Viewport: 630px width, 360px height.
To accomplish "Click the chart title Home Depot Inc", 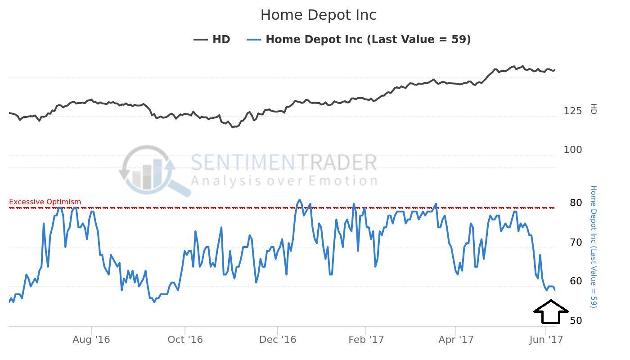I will tap(318, 15).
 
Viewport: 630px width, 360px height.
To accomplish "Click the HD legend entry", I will tap(212, 40).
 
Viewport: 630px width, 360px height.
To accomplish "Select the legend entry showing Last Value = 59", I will tap(359, 40).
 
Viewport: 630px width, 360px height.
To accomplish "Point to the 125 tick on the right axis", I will tap(572, 111).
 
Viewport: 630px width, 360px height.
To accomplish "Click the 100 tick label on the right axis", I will tap(572, 150).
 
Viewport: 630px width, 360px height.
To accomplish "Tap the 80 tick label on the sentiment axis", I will tap(576, 203).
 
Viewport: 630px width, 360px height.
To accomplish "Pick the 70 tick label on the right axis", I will tap(576, 243).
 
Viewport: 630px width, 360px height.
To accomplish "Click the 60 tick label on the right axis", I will tap(576, 281).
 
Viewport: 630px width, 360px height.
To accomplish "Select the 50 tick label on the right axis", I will tap(576, 321).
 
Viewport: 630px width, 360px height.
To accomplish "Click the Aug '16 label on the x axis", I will tap(91, 339).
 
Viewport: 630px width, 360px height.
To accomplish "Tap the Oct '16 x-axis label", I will tap(184, 339).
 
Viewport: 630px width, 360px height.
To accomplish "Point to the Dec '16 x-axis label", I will tap(278, 339).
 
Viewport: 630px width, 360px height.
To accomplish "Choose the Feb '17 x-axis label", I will tap(366, 339).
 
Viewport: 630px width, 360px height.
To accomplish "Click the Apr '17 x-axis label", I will tap(456, 339).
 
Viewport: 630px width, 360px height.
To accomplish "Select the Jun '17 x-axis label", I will tap(546, 339).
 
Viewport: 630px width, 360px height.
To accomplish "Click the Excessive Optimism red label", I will tap(45, 202).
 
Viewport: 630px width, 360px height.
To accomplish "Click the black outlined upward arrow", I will tap(551, 312).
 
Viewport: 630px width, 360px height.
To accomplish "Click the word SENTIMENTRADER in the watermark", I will tap(283, 162).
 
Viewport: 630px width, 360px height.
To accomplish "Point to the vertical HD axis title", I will tap(594, 109).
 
